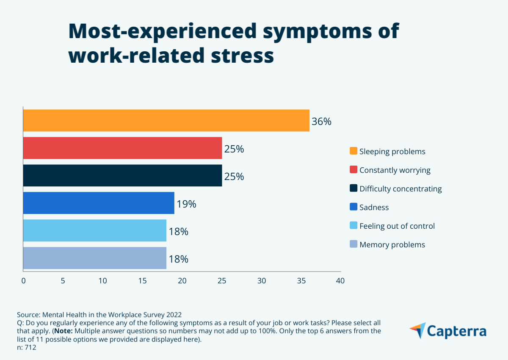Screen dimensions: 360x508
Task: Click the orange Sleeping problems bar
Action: point(166,120)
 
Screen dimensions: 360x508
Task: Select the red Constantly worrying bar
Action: point(122,148)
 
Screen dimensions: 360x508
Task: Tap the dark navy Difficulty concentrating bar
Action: point(122,175)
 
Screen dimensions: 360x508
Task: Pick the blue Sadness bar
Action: point(99,203)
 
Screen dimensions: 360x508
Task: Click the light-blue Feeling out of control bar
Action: point(94,230)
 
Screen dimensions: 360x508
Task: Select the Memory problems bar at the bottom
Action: point(94,258)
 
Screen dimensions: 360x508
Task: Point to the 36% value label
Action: point(321,122)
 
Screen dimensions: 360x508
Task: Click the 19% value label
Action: point(186,204)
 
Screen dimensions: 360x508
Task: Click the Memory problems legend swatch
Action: point(353,244)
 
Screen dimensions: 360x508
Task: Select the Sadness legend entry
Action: point(374,207)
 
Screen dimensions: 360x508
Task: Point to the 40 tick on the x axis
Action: point(340,280)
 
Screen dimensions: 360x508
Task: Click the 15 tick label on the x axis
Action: point(142,280)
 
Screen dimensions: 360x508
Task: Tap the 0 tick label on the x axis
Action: point(23,280)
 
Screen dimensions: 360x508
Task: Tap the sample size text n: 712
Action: point(27,348)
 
